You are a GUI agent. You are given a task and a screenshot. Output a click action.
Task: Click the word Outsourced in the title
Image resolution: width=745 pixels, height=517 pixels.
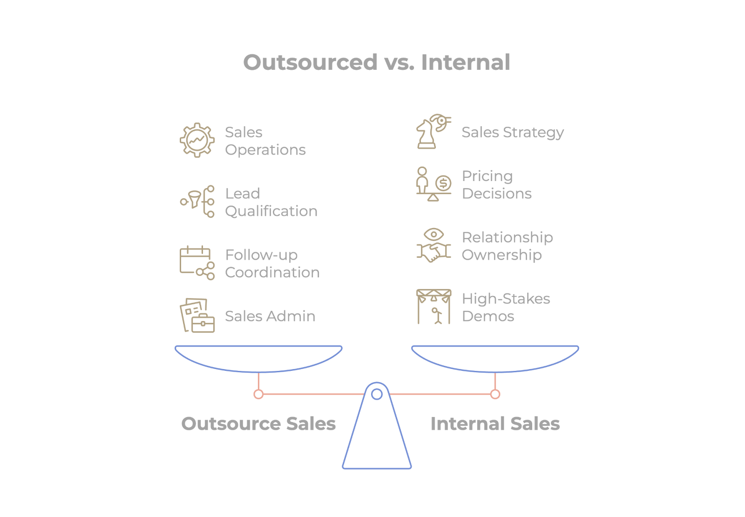(310, 62)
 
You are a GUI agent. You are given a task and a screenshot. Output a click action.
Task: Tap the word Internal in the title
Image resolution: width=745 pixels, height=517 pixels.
(465, 62)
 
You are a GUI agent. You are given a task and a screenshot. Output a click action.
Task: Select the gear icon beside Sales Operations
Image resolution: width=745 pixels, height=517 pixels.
(197, 140)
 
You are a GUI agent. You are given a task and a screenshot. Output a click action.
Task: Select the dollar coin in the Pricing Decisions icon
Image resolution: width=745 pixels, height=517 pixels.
(443, 183)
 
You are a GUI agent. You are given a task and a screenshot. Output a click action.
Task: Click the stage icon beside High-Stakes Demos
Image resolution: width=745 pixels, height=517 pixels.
(433, 307)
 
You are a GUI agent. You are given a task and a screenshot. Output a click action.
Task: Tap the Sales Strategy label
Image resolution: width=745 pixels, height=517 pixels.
(513, 133)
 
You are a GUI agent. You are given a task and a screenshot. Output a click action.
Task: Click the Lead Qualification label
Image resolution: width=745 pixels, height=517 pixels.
(271, 202)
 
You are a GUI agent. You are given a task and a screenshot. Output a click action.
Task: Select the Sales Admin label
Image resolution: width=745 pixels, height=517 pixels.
(270, 316)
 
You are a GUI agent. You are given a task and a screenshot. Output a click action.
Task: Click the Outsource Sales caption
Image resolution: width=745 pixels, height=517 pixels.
(258, 424)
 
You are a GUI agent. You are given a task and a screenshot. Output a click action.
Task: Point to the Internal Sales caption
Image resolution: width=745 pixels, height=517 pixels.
(495, 424)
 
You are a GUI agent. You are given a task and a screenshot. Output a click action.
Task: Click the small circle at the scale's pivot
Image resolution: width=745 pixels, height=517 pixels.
(377, 394)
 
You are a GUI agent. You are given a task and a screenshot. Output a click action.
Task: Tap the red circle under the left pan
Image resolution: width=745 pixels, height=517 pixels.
(258, 395)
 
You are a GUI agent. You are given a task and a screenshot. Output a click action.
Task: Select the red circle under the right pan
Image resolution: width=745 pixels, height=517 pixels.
(495, 395)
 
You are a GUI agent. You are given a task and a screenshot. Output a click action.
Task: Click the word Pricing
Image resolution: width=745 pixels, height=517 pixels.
(487, 176)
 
